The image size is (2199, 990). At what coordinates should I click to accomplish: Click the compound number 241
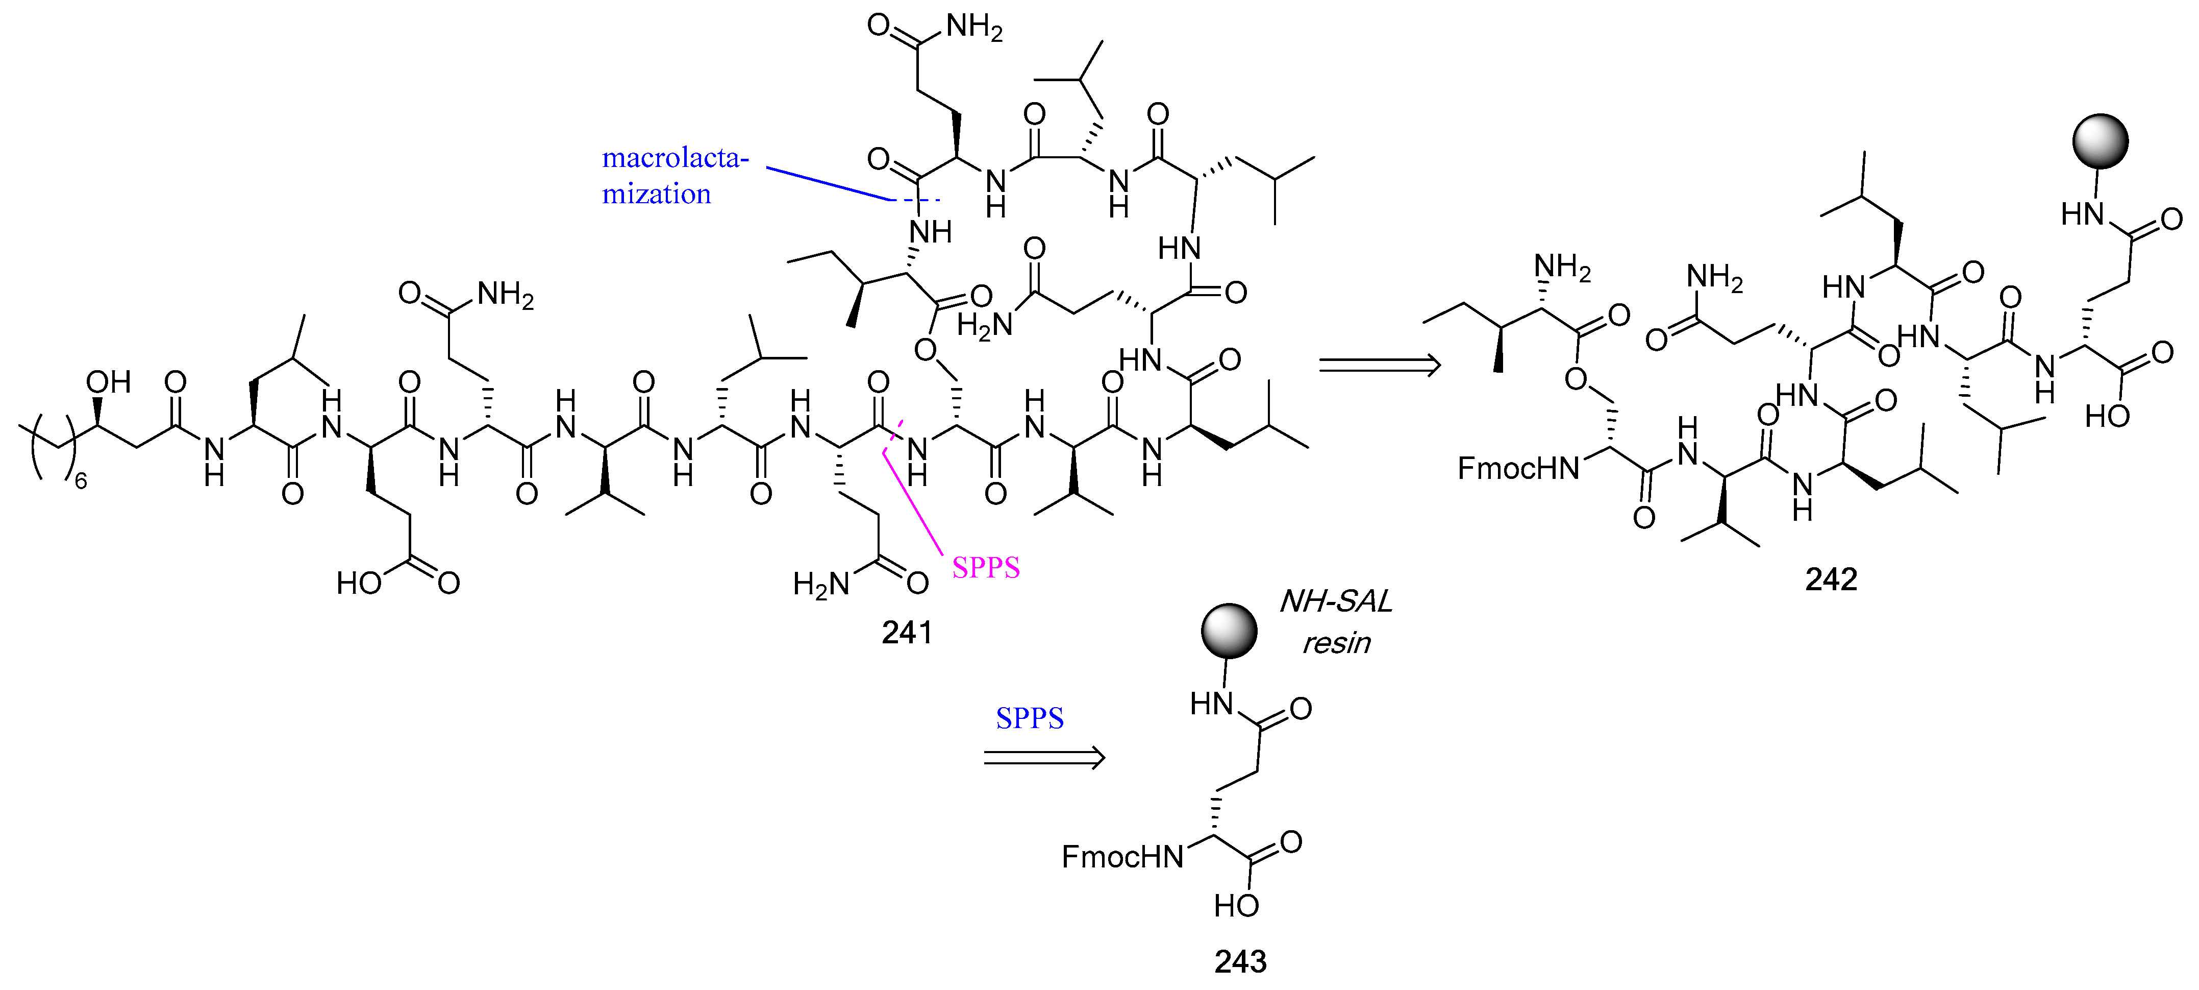pyautogui.click(x=907, y=632)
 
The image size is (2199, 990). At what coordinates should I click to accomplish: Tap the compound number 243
pyautogui.click(x=1240, y=962)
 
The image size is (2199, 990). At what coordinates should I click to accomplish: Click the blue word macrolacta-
pyautogui.click(x=675, y=158)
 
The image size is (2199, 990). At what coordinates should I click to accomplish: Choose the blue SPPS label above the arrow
pyautogui.click(x=1030, y=718)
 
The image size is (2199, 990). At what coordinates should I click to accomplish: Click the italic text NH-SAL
pyautogui.click(x=1336, y=602)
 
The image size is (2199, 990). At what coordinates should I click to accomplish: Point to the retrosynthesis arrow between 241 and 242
pyautogui.click(x=1379, y=366)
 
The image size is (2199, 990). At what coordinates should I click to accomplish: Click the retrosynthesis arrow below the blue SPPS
pyautogui.click(x=1044, y=758)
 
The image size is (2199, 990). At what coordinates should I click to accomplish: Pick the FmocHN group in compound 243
pyautogui.click(x=1122, y=857)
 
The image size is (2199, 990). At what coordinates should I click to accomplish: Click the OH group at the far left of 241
pyautogui.click(x=108, y=382)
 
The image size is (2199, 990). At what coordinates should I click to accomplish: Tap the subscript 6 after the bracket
pyautogui.click(x=81, y=482)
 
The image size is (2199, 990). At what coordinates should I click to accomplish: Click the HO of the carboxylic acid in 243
pyautogui.click(x=1236, y=905)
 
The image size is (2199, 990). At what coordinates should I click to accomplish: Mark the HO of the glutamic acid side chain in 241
pyautogui.click(x=359, y=584)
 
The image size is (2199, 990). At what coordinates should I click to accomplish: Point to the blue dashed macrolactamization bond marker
pyautogui.click(x=915, y=201)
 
